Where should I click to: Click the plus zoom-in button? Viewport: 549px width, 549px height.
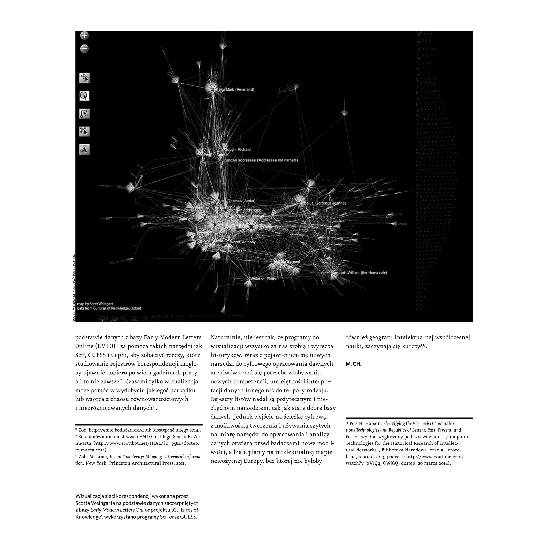pos(84,36)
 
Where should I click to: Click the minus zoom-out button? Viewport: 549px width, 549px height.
pos(84,49)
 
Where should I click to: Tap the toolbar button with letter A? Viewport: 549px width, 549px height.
pos(84,150)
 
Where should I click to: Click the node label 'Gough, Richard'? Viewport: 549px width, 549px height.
pos(238,150)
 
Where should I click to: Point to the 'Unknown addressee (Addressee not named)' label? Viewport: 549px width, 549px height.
pos(259,160)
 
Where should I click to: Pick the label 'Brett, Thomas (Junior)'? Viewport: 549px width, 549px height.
pos(236,201)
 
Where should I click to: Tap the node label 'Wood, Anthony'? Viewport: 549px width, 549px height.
pos(243,242)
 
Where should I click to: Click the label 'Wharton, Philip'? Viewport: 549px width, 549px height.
pos(263,279)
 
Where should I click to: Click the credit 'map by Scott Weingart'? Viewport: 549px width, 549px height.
pos(95,304)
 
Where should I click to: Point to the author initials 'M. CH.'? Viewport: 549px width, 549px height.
pos(353,364)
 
